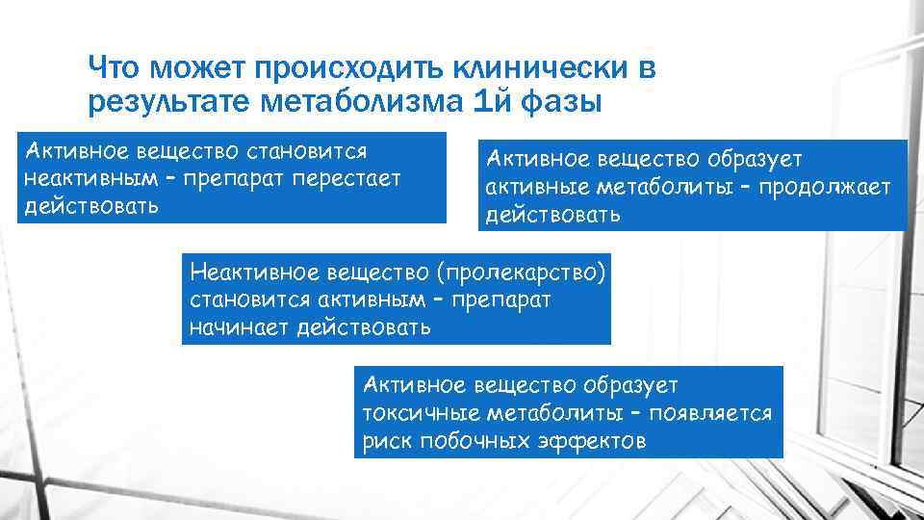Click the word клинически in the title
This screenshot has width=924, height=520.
pyautogui.click(x=519, y=68)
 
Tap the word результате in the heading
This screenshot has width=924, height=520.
pyautogui.click(x=155, y=101)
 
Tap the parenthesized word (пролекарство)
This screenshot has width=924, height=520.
pyautogui.click(x=520, y=273)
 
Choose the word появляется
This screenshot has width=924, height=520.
pyautogui.click(x=711, y=414)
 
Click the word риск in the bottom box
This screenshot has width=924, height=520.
pyautogui.click(x=385, y=441)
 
